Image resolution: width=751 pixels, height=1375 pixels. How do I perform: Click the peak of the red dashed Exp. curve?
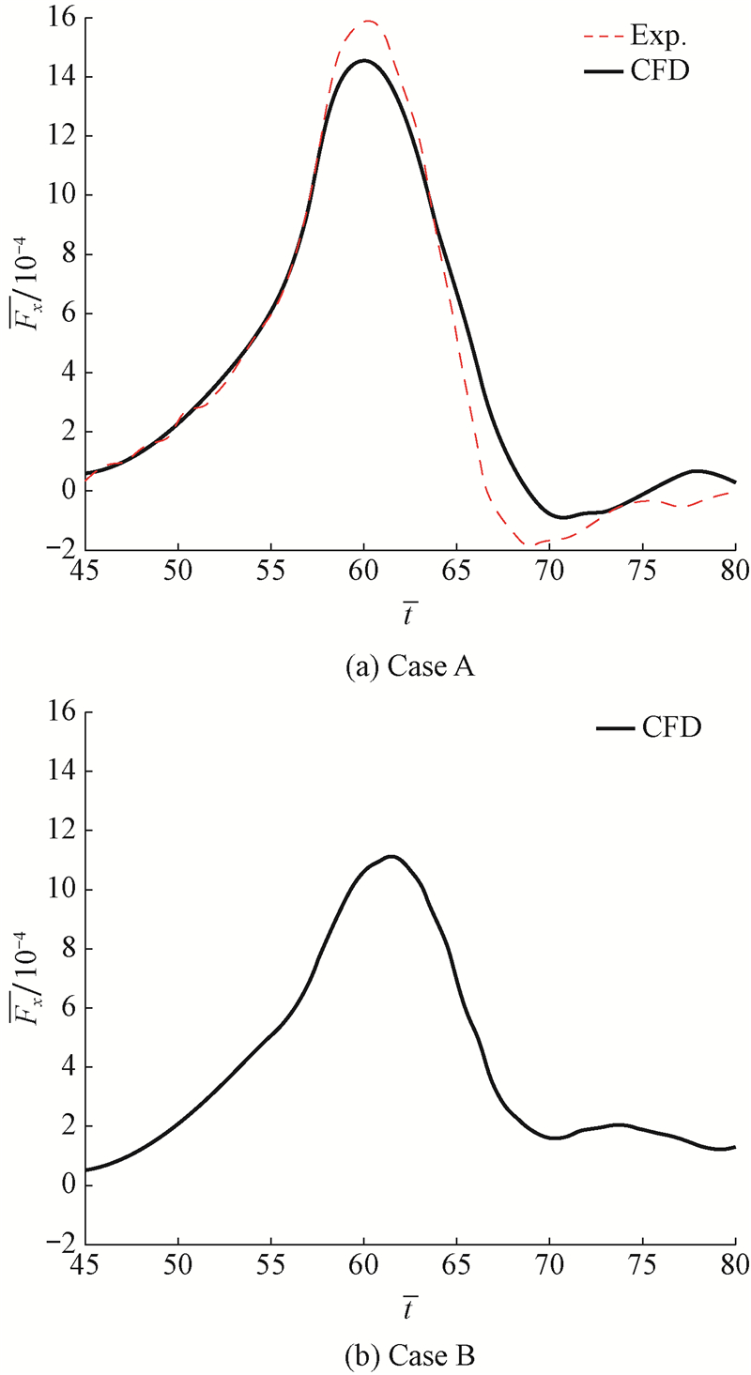pos(368,21)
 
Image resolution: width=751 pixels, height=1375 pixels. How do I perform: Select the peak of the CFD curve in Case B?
pos(391,856)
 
